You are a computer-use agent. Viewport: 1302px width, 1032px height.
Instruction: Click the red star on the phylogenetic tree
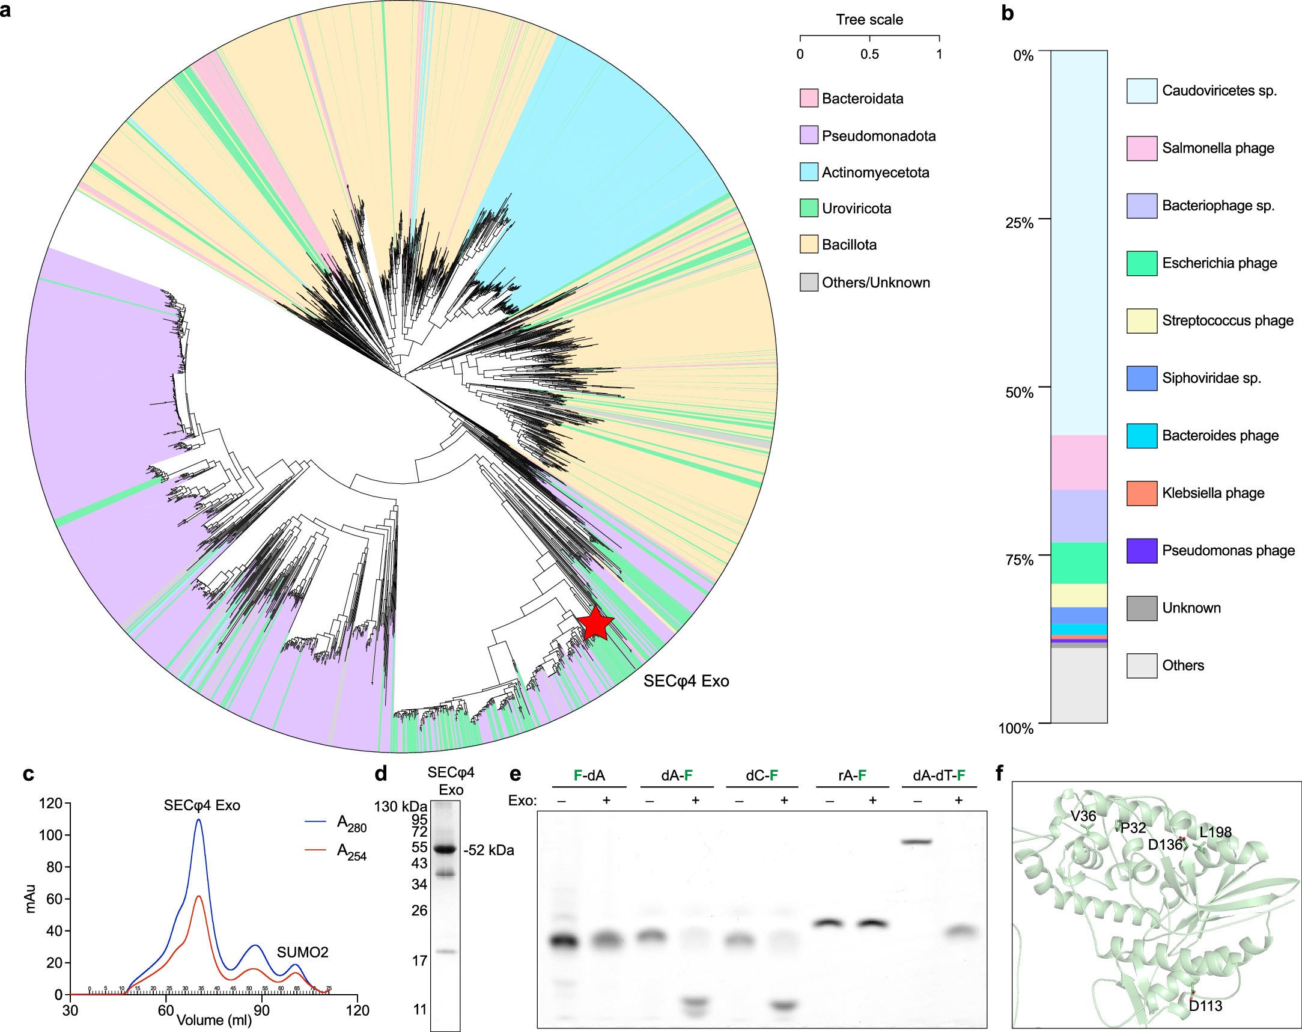[x=595, y=624]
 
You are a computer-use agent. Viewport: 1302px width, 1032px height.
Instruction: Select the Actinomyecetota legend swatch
[x=809, y=173]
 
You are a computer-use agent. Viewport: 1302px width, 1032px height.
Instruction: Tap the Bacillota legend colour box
[x=809, y=245]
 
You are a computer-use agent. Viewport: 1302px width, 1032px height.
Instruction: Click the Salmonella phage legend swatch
[x=1142, y=148]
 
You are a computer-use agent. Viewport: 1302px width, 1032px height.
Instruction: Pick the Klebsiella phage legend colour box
[x=1142, y=493]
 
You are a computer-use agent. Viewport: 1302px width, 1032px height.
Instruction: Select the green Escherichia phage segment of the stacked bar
[x=1078, y=563]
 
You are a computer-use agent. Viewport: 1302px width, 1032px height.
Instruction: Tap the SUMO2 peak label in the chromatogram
[x=303, y=952]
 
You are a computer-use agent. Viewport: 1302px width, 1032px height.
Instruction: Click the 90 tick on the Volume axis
[x=261, y=1010]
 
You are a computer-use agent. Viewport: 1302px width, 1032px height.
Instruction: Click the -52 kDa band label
[x=488, y=850]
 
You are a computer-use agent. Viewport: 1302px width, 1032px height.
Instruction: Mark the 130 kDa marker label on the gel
[x=400, y=807]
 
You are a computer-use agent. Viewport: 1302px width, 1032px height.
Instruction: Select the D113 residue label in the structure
[x=1205, y=1006]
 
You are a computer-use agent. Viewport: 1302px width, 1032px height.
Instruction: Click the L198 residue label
[x=1215, y=832]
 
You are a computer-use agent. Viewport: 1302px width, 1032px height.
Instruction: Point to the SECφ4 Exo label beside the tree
[x=686, y=681]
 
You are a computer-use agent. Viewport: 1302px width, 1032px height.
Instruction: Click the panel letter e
[x=515, y=774]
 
